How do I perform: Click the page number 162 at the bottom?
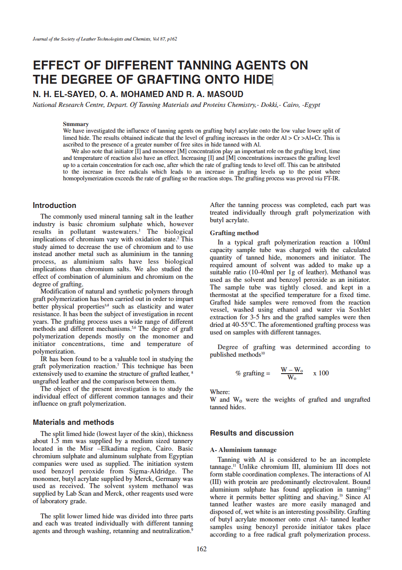click(x=201, y=549)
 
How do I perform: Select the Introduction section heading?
click(x=54, y=205)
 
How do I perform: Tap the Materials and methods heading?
click(x=73, y=422)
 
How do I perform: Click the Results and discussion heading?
click(x=252, y=433)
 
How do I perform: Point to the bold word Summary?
click(x=76, y=124)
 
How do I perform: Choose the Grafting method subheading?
click(x=234, y=233)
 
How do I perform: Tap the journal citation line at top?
click(x=105, y=39)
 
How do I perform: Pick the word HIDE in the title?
click(x=255, y=80)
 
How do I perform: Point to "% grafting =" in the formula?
click(x=253, y=373)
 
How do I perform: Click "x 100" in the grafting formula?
click(x=321, y=373)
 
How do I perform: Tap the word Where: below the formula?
click(x=220, y=392)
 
